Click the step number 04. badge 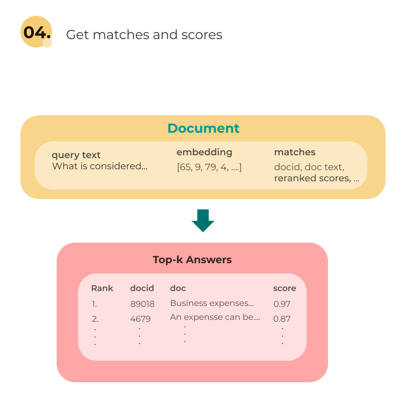click(36, 33)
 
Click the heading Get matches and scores click(144, 34)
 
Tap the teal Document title click(203, 128)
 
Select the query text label click(76, 155)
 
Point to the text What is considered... click(99, 166)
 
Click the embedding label click(204, 152)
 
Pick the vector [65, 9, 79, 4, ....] click(210, 167)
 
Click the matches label click(295, 152)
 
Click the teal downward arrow click(203, 220)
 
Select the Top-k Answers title click(192, 260)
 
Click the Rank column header click(102, 288)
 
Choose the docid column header click(142, 288)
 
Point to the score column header click(284, 288)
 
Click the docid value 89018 click(143, 304)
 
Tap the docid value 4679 click(140, 319)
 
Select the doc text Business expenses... click(212, 303)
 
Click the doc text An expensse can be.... click(215, 318)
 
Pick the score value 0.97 click(282, 304)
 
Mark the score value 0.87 click(282, 319)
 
